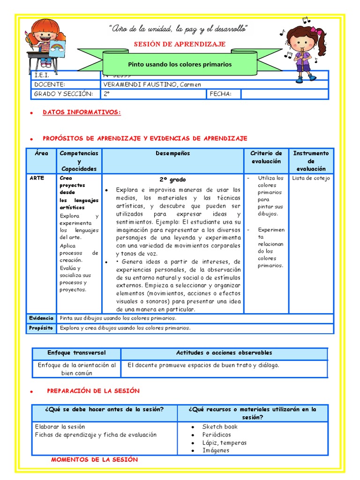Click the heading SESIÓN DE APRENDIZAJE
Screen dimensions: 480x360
tap(180, 44)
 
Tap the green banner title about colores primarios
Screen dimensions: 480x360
tap(180, 64)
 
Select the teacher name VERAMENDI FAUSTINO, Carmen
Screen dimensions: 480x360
tap(152, 84)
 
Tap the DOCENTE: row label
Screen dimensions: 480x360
tap(49, 84)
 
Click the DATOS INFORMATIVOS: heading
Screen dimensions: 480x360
tap(82, 112)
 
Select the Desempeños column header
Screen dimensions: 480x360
tap(172, 153)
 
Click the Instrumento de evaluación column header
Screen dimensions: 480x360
tap(311, 161)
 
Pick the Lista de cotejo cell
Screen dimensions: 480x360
tap(311, 178)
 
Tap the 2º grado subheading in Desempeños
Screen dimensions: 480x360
tap(172, 180)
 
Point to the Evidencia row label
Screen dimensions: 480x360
tap(41, 318)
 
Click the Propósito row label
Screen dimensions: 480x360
tap(41, 328)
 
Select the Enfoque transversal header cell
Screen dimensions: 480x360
tap(76, 353)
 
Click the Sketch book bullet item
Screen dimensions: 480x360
tap(220, 427)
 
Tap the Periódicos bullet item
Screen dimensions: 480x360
tap(217, 435)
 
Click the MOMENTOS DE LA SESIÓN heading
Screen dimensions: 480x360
tap(94, 460)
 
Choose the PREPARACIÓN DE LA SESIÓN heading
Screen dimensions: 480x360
tap(93, 391)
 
